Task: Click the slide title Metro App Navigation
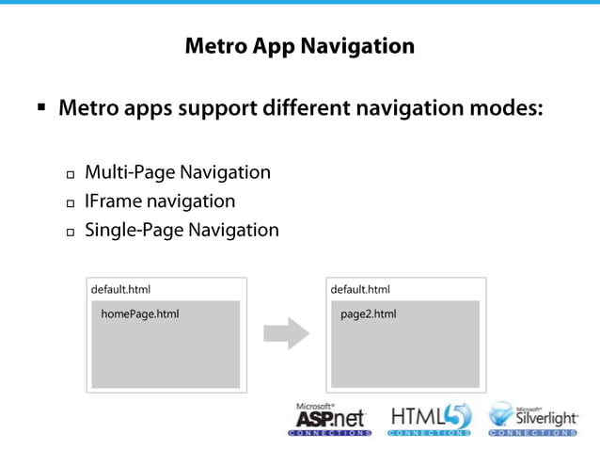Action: click(x=299, y=46)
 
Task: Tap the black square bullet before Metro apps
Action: click(x=41, y=108)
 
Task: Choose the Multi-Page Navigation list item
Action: click(x=178, y=173)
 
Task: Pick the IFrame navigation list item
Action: click(x=160, y=201)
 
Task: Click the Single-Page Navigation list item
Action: click(x=182, y=230)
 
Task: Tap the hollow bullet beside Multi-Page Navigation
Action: click(x=71, y=175)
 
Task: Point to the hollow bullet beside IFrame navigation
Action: click(x=71, y=203)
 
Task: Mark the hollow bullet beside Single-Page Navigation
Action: click(x=71, y=232)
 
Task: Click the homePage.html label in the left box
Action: click(x=139, y=314)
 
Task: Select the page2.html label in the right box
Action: click(x=368, y=314)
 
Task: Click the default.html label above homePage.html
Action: click(x=120, y=290)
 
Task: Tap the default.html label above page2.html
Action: click(x=360, y=290)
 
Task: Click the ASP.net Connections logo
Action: click(x=329, y=419)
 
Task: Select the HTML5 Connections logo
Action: click(x=430, y=419)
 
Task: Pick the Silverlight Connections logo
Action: click(x=532, y=419)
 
